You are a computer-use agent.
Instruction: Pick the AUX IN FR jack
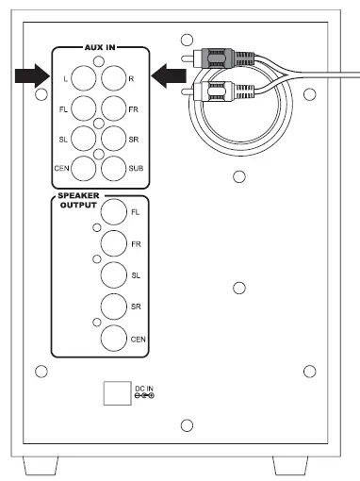click(x=116, y=110)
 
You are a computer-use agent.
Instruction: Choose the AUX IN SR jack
click(x=116, y=140)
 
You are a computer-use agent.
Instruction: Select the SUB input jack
click(x=116, y=169)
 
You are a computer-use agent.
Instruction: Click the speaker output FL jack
click(x=114, y=214)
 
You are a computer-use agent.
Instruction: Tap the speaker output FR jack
click(x=114, y=245)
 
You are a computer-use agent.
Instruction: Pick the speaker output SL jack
click(x=114, y=276)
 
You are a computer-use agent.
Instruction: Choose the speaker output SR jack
click(x=114, y=307)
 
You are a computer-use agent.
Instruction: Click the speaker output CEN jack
click(x=114, y=339)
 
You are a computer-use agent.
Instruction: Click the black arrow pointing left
click(x=167, y=74)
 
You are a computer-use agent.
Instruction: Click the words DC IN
click(x=143, y=388)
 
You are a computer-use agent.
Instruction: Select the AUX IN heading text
click(x=98, y=45)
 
